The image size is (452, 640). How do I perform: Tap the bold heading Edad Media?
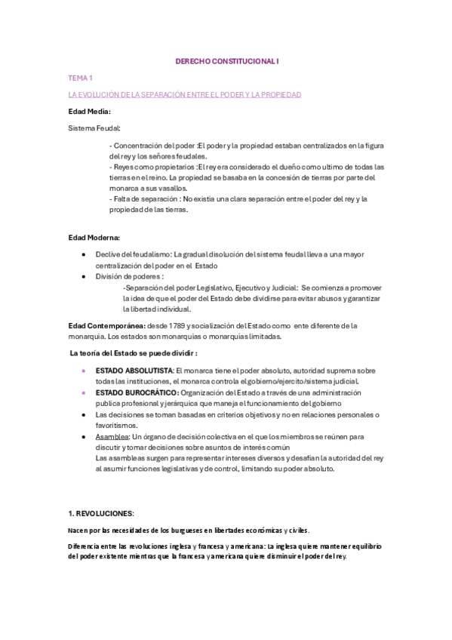89,111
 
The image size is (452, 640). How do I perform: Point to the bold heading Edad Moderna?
94,238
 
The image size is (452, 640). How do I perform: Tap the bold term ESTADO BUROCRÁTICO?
137,392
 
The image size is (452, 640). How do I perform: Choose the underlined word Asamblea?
112,436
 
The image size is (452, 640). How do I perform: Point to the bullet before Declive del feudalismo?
82,255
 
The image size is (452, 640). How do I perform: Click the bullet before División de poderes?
82,277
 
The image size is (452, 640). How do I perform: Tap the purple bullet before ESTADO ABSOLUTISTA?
82,371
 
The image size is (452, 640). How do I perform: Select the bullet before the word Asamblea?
82,436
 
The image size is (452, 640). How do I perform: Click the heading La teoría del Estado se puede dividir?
134,352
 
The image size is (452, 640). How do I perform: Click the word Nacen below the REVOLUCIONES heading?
78,531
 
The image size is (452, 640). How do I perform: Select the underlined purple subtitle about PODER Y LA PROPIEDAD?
185,94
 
